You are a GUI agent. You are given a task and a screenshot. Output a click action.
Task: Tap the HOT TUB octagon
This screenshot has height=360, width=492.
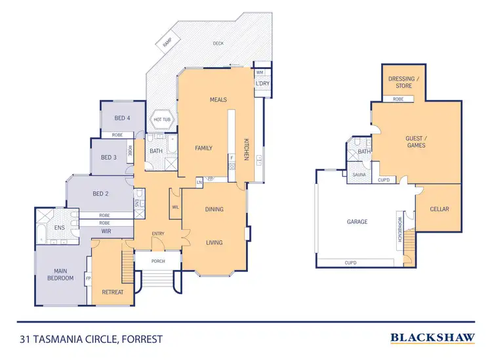162,120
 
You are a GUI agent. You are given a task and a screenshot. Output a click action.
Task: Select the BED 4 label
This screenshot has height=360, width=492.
122,118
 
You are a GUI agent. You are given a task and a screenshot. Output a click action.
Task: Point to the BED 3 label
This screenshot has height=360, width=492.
109,158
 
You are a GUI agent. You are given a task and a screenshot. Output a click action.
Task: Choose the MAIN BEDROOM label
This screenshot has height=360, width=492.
60,274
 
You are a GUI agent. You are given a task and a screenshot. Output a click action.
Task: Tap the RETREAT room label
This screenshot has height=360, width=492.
112,292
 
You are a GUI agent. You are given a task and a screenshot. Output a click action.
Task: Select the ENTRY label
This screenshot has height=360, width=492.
158,234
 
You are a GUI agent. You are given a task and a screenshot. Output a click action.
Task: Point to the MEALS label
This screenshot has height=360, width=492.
218,100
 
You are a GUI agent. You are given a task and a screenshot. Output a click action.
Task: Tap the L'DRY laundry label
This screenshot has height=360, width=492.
262,84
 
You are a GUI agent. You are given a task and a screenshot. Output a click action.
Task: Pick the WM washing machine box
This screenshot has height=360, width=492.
260,72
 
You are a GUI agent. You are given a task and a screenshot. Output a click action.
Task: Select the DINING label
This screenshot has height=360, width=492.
215,210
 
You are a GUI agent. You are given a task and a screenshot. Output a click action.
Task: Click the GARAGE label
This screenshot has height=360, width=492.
357,222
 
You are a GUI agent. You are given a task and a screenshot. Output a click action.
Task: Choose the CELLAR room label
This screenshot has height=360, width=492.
439,209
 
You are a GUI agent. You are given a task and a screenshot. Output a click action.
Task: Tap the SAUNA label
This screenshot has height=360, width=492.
359,175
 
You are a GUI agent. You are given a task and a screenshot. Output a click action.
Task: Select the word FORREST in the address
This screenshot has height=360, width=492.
140,340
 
